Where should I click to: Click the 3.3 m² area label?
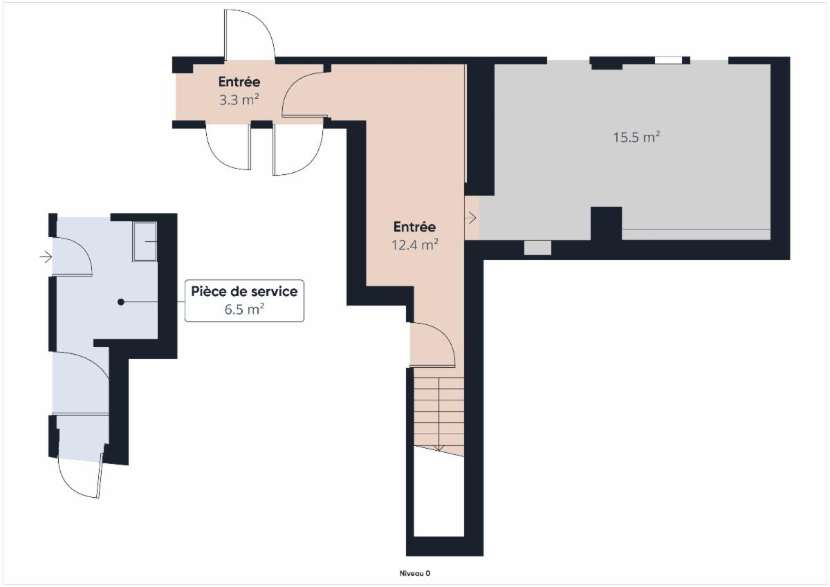[x=239, y=100]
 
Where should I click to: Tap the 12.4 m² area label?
[x=415, y=245]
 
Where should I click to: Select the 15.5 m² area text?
[x=636, y=138]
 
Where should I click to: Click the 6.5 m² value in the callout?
[x=244, y=309]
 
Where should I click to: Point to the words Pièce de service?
[x=244, y=292]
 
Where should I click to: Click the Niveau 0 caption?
[x=415, y=573]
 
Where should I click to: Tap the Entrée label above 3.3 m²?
[x=239, y=82]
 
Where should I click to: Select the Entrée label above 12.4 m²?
[x=414, y=227]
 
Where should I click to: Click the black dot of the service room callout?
[x=121, y=302]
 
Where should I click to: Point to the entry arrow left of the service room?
[x=46, y=257]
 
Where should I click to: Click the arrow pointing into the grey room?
[x=470, y=218]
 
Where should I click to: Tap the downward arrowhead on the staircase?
[x=439, y=449]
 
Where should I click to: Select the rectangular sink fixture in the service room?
[x=145, y=242]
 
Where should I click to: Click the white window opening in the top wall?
[x=668, y=60]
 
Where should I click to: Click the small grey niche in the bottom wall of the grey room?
[x=537, y=248]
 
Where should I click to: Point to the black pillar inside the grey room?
[x=606, y=223]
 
